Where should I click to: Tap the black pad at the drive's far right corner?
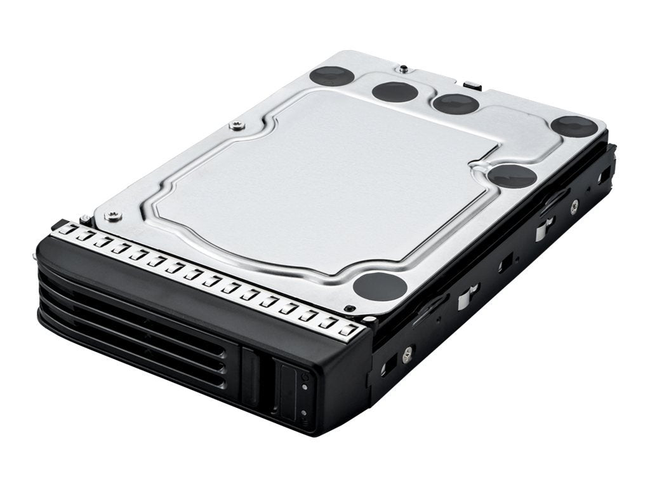tap(574, 126)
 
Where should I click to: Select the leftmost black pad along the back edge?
tap(332, 76)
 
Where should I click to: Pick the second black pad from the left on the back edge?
tap(394, 91)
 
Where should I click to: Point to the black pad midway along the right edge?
tap(512, 175)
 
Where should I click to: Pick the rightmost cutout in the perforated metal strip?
tap(346, 330)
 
